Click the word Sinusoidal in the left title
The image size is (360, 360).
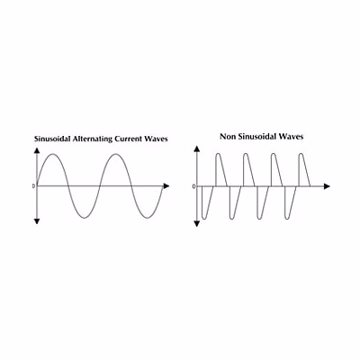pyautogui.click(x=52, y=139)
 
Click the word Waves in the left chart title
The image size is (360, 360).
pyautogui.click(x=156, y=139)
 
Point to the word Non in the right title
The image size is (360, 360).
pyautogui.click(x=227, y=137)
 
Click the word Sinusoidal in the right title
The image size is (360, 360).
pyautogui.click(x=256, y=137)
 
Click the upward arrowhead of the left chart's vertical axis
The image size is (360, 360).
pyautogui.click(x=37, y=150)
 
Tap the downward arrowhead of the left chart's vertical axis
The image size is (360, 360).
pyautogui.click(x=37, y=221)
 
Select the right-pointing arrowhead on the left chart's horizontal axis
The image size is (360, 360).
pyautogui.click(x=166, y=186)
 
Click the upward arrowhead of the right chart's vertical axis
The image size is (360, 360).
pyautogui.click(x=197, y=148)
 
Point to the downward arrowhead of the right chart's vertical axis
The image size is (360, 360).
pyautogui.click(x=197, y=224)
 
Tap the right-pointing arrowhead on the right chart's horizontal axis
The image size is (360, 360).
pyautogui.click(x=327, y=186)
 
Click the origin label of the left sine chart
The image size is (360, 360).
pyautogui.click(x=33, y=186)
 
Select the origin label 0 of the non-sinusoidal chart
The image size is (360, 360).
pyautogui.click(x=193, y=186)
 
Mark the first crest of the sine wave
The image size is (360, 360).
pyautogui.click(x=53, y=154)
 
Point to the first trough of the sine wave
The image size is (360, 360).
pyautogui.click(x=85, y=218)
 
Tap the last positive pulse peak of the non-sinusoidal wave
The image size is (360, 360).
pyautogui.click(x=301, y=154)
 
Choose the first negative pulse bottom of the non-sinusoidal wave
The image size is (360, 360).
pyautogui.click(x=204, y=219)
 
